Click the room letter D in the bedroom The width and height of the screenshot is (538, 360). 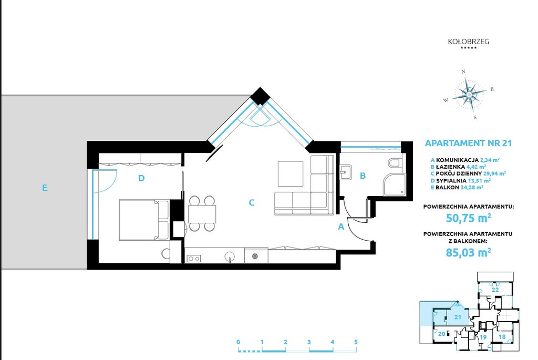coord(141,178)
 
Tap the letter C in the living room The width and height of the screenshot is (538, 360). coord(252,203)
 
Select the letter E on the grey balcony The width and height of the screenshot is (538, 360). coord(45,188)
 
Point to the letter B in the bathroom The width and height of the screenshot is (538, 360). coord(363,176)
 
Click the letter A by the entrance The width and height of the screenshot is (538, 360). coord(340,227)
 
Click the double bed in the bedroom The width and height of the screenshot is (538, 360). coord(144,220)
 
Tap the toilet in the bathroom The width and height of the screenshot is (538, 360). coord(395,163)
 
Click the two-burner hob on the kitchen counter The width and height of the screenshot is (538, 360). coord(193,259)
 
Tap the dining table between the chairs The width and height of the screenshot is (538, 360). coord(202,214)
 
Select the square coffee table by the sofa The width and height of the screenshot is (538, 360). coord(290,173)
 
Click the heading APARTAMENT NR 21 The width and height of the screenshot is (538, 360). coord(468,143)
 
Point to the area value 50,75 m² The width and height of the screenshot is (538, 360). coord(468,218)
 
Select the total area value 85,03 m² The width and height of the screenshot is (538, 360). coord(468,253)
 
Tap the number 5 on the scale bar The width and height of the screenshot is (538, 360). coord(356,342)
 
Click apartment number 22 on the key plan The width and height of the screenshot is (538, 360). coord(495,290)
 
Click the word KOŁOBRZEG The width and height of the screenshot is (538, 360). coord(468,42)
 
